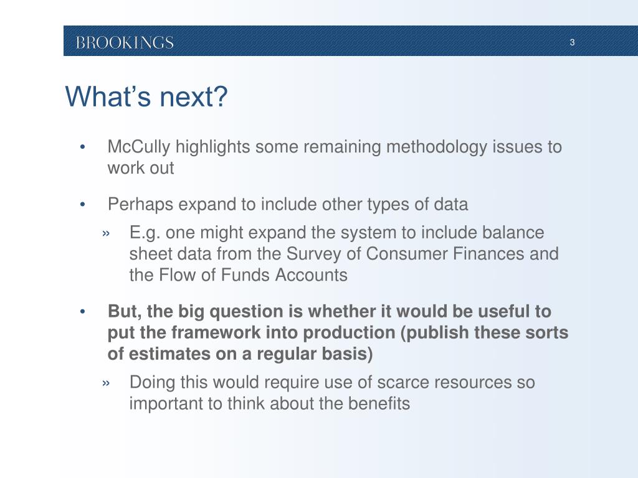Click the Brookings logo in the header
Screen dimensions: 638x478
point(125,42)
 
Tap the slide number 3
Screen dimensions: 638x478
point(572,42)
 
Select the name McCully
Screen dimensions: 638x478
point(139,147)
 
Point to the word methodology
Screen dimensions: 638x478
point(437,147)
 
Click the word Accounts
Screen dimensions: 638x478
point(312,275)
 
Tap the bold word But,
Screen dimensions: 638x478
point(125,312)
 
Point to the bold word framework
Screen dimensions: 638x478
point(215,333)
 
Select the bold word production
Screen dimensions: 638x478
point(349,333)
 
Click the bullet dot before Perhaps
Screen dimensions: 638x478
point(83,204)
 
